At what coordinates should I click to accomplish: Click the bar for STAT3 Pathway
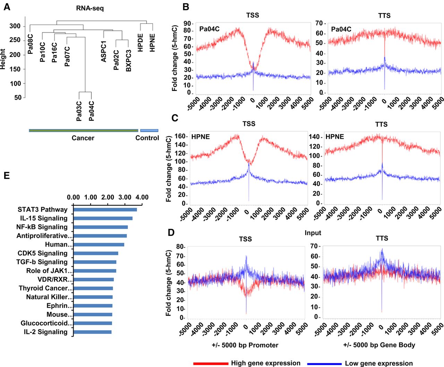coord(105,210)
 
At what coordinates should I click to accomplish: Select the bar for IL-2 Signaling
coord(93,332)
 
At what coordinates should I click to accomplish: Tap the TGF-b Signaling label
coord(42,262)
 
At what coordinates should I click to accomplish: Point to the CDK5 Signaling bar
coord(96,253)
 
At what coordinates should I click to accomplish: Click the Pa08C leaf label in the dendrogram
coord(30,44)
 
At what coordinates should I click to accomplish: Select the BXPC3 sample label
coord(129,60)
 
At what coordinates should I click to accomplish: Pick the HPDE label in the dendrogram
coord(140,43)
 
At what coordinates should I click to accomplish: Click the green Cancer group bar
coord(83,130)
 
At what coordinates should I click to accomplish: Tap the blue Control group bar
coord(149,130)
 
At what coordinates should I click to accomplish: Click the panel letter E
coord(7,176)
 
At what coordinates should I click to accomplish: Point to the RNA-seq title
coord(90,8)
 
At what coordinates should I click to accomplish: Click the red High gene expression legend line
coord(211,363)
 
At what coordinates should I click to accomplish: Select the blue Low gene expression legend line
coord(324,363)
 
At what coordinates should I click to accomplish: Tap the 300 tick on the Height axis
coord(15,26)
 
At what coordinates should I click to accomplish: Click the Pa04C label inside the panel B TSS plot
coord(209,29)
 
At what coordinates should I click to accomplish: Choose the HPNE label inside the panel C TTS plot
coord(335,137)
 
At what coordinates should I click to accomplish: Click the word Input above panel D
coord(313,233)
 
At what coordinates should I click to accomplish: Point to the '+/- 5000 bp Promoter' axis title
coord(245,345)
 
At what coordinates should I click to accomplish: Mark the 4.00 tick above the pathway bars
coord(142,197)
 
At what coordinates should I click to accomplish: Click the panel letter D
coord(171,232)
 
